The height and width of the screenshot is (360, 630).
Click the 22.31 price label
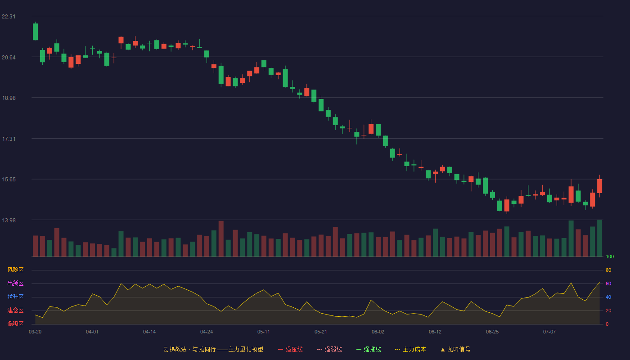pos(9,17)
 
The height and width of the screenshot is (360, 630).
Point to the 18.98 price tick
pos(9,98)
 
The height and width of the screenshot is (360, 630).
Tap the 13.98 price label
pos(9,220)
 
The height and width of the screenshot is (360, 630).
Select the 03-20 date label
pos(35,332)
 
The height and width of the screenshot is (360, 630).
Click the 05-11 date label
pos(264,332)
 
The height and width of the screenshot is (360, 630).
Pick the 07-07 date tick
pos(549,332)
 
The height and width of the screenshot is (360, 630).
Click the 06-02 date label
pos(378,332)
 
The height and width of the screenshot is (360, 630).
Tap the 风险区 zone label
pos(15,270)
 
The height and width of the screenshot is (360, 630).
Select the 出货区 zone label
pos(15,283)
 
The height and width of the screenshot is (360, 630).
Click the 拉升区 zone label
pos(15,297)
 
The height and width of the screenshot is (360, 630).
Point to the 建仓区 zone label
pos(15,310)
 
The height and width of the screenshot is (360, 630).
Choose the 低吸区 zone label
pos(15,324)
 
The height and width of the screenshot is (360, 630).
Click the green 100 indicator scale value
pos(610,256)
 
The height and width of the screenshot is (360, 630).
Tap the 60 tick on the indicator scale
pos(608,283)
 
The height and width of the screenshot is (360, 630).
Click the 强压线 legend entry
pos(290,349)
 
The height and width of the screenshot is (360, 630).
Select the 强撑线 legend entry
pos(369,349)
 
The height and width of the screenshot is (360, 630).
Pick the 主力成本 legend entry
pos(410,349)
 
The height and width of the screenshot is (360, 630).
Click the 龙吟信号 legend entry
pos(455,349)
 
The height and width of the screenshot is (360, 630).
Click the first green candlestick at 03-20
pos(35,31)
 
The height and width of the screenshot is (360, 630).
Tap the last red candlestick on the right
pos(599,186)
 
